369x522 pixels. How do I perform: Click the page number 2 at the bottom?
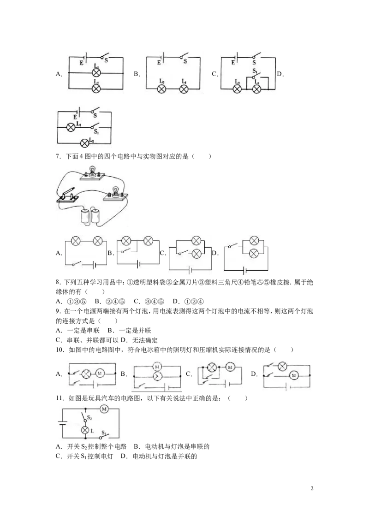pos(312,488)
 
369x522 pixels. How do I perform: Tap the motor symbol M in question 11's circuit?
pos(104,409)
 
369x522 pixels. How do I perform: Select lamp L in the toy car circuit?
pos(85,430)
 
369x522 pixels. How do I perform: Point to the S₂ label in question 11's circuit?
pos(89,417)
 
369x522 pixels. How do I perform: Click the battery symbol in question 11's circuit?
pos(62,423)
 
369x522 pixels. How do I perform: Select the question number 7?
pos(59,156)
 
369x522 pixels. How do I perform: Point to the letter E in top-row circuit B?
pos(159,62)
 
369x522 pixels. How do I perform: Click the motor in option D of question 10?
pos(294,375)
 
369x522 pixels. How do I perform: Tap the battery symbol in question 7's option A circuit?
pos(94,265)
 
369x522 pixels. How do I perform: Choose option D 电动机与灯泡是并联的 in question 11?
pos(159,457)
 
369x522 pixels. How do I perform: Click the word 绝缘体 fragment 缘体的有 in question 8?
pos(68,292)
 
